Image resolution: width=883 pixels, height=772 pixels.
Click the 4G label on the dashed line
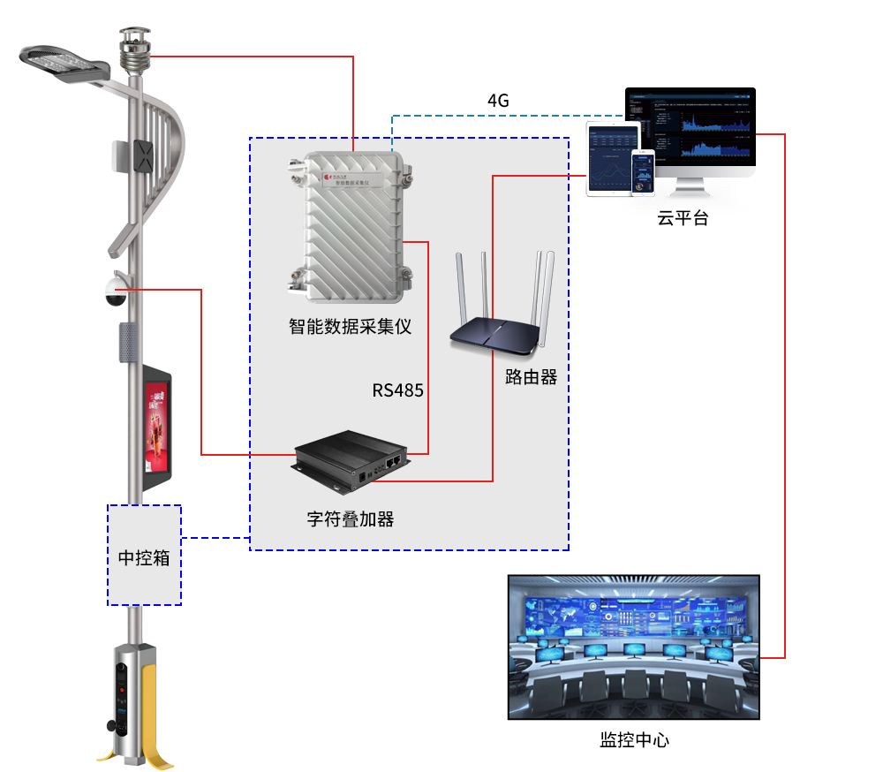point(498,100)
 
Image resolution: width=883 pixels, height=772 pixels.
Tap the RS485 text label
point(397,390)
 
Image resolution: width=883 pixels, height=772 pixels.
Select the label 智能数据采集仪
point(351,327)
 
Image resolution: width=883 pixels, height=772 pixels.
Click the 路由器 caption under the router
point(531,377)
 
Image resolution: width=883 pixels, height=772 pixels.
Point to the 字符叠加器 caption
point(351,518)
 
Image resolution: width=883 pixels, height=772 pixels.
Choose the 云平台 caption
point(683,218)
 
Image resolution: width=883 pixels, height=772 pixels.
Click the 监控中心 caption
point(634,739)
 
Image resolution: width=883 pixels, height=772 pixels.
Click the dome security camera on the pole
point(115,292)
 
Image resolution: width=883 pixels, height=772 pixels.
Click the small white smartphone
point(644,171)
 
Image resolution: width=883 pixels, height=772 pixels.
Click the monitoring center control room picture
point(634,647)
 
